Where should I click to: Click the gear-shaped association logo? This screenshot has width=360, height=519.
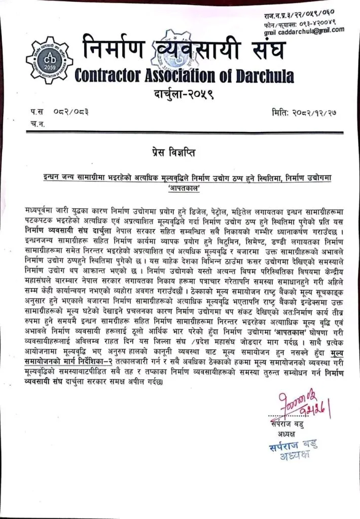(49, 60)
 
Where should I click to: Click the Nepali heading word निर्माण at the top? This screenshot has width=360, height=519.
(114, 49)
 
